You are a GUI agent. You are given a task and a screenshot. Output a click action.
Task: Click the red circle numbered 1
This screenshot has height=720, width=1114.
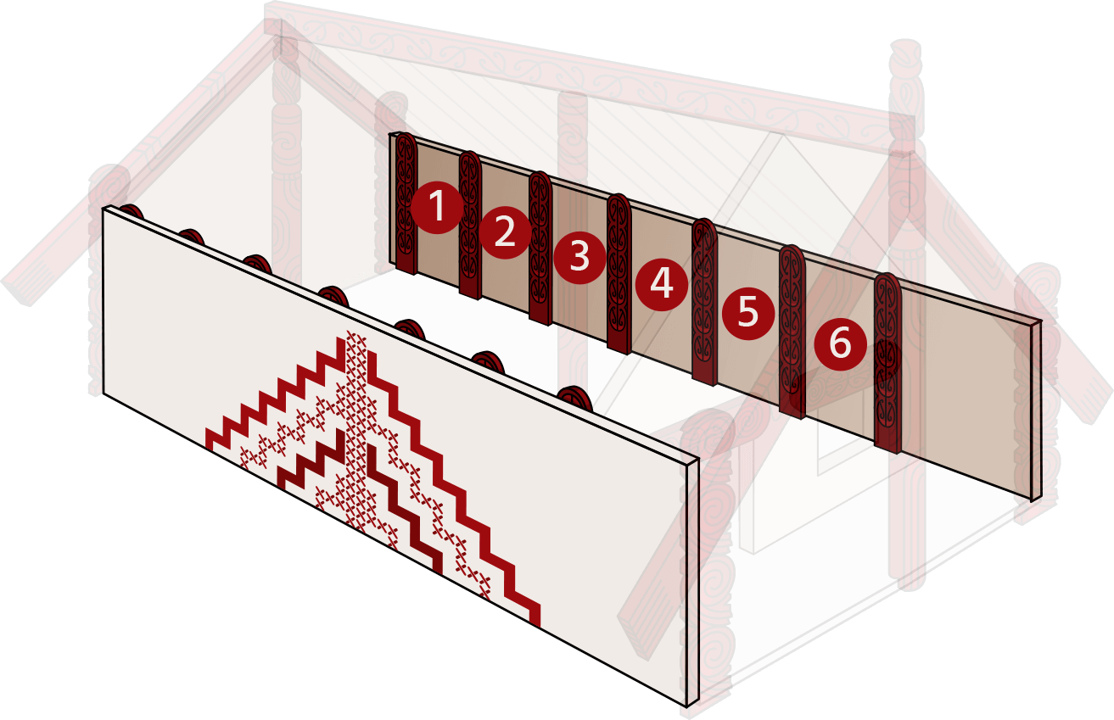click(437, 207)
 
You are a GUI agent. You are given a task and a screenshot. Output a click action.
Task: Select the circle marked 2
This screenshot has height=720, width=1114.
click(505, 232)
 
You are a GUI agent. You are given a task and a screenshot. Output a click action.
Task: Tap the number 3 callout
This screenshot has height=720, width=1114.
click(579, 258)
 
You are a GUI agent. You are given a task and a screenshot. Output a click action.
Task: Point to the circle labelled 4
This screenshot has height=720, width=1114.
click(662, 285)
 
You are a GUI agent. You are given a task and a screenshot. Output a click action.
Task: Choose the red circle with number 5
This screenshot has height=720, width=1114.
click(748, 313)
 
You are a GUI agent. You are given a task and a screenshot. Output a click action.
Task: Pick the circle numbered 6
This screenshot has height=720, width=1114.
click(841, 343)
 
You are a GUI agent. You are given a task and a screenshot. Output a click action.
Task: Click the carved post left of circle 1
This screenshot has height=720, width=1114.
click(406, 203)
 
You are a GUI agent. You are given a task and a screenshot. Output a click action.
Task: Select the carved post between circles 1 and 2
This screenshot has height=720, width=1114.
click(470, 225)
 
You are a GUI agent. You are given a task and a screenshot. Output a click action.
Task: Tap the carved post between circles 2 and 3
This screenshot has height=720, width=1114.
click(540, 248)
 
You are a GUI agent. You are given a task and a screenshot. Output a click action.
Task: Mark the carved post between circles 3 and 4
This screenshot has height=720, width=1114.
click(619, 274)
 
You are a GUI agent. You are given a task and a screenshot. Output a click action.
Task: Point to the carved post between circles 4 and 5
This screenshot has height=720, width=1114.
click(705, 302)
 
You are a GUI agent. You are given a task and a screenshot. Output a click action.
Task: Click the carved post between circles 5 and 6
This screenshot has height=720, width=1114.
click(792, 332)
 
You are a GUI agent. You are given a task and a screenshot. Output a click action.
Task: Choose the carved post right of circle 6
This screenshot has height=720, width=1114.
click(887, 363)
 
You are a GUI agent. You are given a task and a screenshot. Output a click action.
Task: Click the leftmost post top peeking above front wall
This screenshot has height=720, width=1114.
click(132, 211)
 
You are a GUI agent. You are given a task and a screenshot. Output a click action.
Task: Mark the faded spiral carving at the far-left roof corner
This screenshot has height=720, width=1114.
click(109, 188)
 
